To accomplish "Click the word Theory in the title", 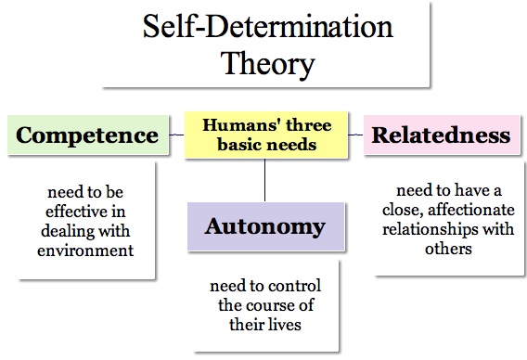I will (267, 63).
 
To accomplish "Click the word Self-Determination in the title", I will (267, 27).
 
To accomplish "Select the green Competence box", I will (87, 135).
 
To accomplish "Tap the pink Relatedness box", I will (441, 135).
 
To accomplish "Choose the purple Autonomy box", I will (264, 226).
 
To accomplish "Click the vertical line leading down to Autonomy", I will (265, 179).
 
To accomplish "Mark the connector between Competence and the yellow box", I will (176, 135).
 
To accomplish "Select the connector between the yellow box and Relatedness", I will (354, 135).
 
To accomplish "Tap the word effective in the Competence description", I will (81, 212).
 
